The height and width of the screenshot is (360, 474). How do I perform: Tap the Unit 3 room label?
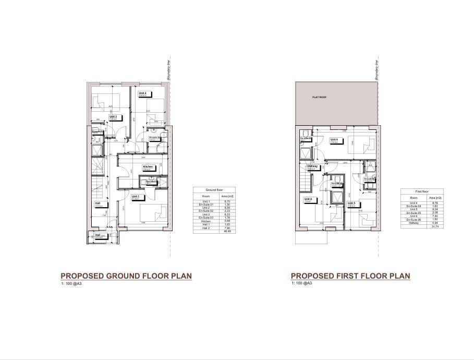[x=113, y=117]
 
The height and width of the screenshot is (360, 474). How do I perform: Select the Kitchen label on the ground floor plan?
[x=148, y=167]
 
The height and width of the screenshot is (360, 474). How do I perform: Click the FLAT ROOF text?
[x=319, y=97]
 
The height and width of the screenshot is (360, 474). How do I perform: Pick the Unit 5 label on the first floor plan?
[x=350, y=203]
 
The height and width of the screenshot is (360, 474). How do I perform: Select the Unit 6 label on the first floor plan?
[x=308, y=199]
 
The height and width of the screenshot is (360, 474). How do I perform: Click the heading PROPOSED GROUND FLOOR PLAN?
[x=126, y=276]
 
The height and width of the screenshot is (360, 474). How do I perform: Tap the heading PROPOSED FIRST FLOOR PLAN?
[x=350, y=276]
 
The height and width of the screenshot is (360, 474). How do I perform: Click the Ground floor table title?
[x=214, y=190]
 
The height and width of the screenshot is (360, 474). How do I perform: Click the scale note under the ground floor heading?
[x=71, y=283]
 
